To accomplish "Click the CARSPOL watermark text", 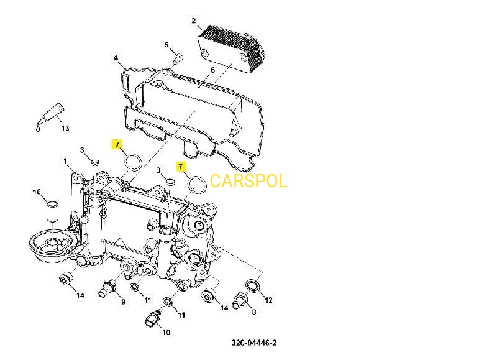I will point(248,181).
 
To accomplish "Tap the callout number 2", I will point(194,21).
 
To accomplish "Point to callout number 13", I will point(64,129).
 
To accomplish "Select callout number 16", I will point(36,192).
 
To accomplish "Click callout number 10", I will point(166,333).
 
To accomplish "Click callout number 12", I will point(268,300).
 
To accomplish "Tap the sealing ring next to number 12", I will point(254,285).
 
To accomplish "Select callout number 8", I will point(253,312).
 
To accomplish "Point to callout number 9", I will point(122,302).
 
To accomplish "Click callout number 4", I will point(116,58).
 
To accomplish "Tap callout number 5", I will point(166,45).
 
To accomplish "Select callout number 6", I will point(212,70).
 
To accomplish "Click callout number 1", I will point(65,161).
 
